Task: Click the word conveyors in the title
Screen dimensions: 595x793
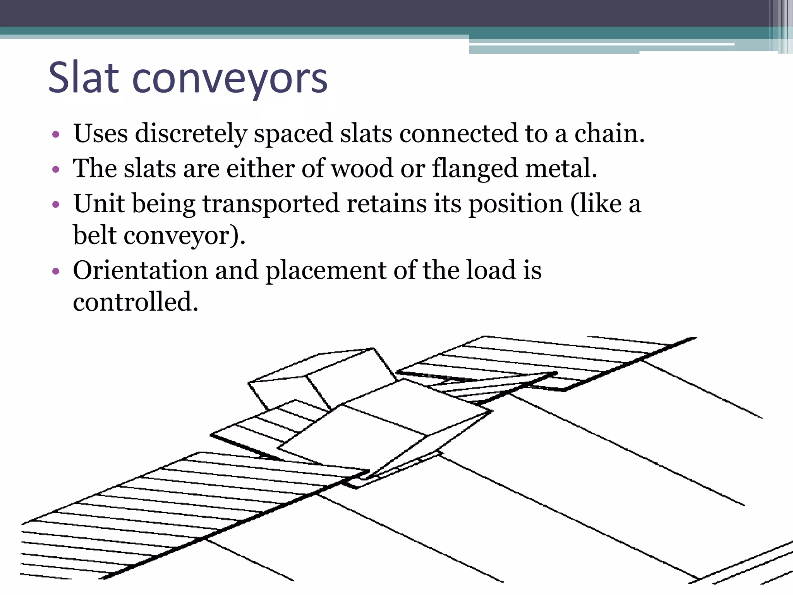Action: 230,79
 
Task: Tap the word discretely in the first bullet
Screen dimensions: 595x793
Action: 191,134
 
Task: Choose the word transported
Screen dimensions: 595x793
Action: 271,205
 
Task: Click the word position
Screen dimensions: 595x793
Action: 515,205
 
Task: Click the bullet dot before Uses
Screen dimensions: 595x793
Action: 56,135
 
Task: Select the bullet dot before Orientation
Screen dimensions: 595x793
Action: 56,271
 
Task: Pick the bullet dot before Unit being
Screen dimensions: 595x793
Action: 56,205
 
